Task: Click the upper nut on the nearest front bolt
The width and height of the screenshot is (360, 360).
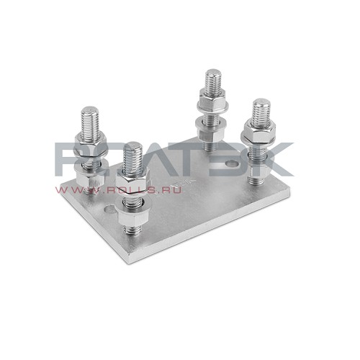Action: pos(132,179)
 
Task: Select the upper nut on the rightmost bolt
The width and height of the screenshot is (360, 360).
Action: pos(259,131)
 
